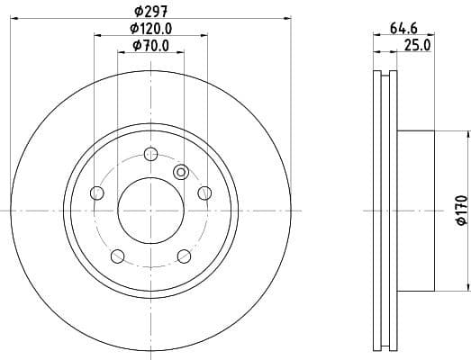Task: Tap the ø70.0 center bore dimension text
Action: [150, 46]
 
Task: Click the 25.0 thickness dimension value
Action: [416, 44]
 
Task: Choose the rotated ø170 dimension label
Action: [460, 209]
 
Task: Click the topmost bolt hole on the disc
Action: [150, 153]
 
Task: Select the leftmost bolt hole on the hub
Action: [97, 192]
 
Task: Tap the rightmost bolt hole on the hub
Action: [204, 192]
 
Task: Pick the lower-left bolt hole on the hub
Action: [117, 256]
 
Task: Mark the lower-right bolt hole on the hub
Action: [184, 256]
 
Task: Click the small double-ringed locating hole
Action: [180, 172]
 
